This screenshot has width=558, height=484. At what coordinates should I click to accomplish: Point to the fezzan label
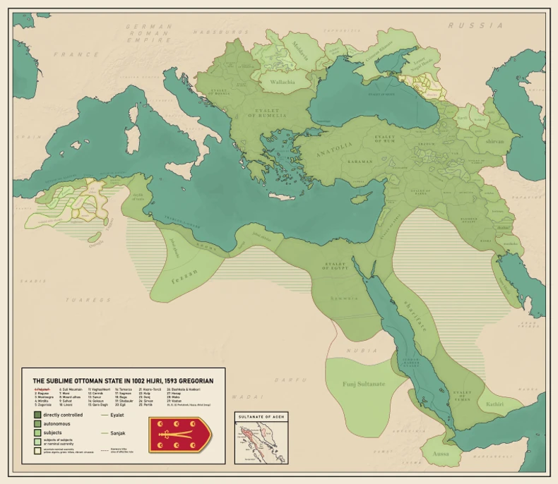tap(186, 271)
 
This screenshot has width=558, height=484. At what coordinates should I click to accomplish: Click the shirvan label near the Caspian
tap(494, 141)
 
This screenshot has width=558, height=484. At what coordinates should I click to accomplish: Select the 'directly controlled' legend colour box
tap(37, 415)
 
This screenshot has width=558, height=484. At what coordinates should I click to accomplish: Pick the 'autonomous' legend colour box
tap(37, 424)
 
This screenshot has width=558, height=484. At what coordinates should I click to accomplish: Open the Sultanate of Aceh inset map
tap(261, 442)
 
